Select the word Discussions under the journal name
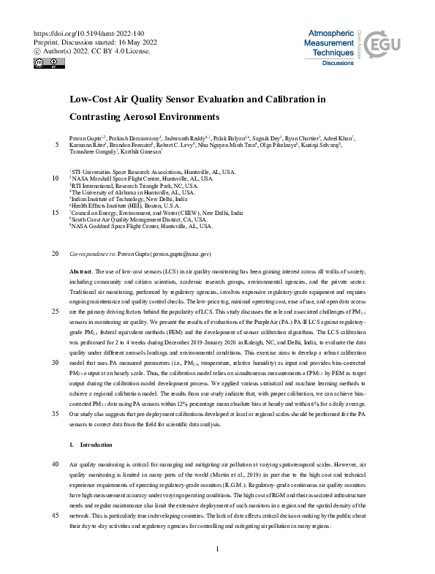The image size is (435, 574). [338, 64]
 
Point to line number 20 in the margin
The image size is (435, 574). [55, 254]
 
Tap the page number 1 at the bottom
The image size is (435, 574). [217, 549]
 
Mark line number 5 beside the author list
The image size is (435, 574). [57, 145]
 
